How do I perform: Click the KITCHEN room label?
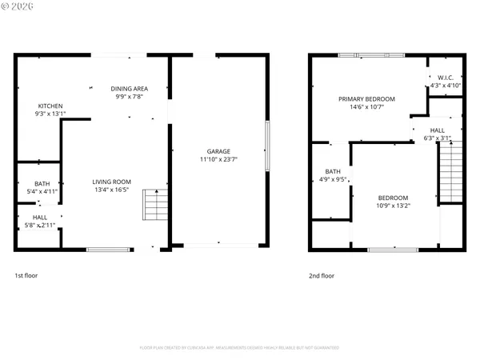click(x=50, y=106)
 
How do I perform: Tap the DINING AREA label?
click(x=128, y=90)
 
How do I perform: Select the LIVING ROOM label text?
click(x=111, y=182)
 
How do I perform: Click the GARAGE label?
click(x=218, y=151)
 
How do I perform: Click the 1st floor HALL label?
click(x=40, y=217)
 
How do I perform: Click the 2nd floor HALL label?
click(x=438, y=130)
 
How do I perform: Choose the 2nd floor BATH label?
click(x=332, y=171)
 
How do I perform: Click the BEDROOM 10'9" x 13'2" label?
click(x=393, y=198)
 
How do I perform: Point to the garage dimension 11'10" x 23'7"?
click(x=218, y=159)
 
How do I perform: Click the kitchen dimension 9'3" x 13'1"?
click(x=50, y=114)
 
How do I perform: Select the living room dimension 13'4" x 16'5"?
click(x=111, y=190)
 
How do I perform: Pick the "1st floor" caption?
click(x=26, y=275)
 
